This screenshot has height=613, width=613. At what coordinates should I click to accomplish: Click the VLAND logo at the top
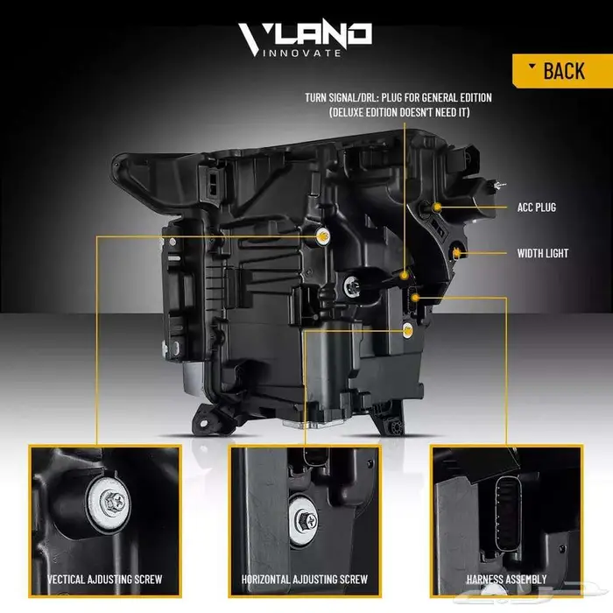click(x=306, y=36)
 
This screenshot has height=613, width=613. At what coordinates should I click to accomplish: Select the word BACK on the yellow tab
click(x=563, y=71)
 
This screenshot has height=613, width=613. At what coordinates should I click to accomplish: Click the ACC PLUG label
click(x=536, y=208)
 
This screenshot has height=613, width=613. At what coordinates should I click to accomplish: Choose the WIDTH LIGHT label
click(x=542, y=253)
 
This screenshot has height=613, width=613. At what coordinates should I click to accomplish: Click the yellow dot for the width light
click(x=457, y=253)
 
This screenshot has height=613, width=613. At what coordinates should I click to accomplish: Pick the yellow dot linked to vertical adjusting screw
click(x=322, y=236)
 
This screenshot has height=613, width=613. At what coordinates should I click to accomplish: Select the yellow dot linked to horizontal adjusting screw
click(x=407, y=331)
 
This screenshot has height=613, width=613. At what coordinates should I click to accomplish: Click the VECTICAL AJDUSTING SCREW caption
click(x=105, y=579)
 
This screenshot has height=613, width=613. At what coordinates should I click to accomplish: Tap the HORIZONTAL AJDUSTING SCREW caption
click(x=305, y=579)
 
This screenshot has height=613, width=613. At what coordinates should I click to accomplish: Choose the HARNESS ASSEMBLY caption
click(x=507, y=579)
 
